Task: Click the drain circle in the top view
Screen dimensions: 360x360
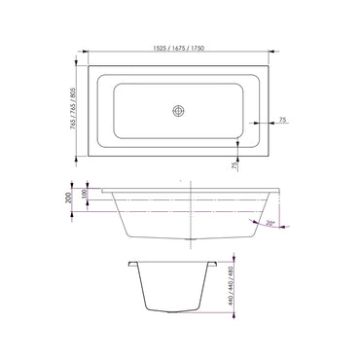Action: pos(179,112)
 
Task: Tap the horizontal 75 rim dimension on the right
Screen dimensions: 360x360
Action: pos(282,120)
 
